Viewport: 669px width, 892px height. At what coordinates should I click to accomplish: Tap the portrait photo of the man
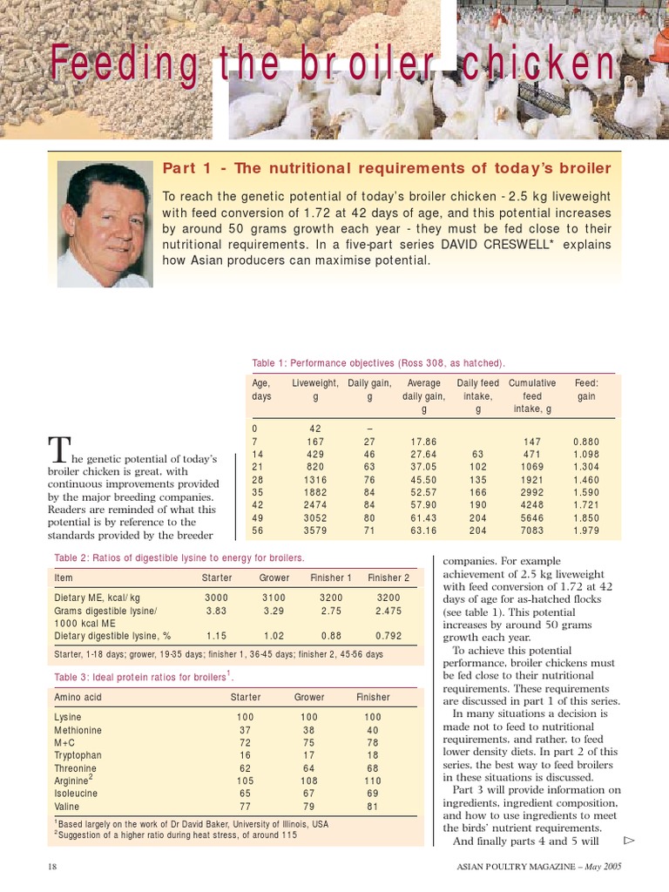[x=105, y=224]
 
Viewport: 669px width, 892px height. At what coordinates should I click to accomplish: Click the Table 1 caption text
[x=378, y=362]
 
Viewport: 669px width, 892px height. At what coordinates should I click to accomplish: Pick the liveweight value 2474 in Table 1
[x=316, y=504]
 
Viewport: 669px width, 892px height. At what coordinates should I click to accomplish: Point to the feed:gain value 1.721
[x=586, y=504]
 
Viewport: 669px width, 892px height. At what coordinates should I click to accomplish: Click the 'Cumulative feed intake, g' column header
[x=531, y=395]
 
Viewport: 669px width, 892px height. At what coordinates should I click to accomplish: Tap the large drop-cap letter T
[x=58, y=450]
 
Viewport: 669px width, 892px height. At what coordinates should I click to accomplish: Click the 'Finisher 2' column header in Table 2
[x=388, y=578]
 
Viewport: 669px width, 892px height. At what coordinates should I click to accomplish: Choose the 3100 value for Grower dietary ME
[x=274, y=598]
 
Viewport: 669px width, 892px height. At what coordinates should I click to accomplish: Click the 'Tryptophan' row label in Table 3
[x=78, y=755]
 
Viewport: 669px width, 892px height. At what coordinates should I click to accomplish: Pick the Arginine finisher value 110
[x=373, y=781]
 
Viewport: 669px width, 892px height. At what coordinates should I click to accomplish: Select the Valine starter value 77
[x=245, y=807]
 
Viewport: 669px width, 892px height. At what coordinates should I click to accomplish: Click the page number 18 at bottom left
[x=52, y=867]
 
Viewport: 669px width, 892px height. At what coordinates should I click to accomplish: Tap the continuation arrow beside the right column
[x=629, y=840]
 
